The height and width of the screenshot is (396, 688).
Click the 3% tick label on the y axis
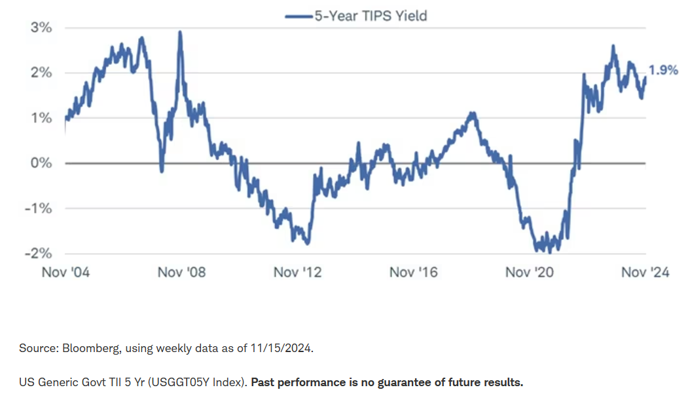pos(40,28)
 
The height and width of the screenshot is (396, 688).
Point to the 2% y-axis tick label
pos(40,73)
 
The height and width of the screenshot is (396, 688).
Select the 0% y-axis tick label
pos(40,163)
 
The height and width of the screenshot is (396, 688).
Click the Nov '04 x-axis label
pos(65,272)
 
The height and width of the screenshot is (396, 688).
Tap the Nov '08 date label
pos(181,272)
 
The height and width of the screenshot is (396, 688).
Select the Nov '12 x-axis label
pos(298,272)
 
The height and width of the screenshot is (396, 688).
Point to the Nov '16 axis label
pos(414,272)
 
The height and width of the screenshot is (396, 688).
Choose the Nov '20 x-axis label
pos(530,272)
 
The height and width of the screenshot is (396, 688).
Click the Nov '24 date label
pos(645,272)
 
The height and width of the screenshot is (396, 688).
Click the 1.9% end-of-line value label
pos(663,71)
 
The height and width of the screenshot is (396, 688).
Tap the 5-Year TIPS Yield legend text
pos(370,15)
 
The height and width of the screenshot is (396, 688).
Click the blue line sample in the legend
pos(298,16)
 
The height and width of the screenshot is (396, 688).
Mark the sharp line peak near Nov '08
pos(180,33)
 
